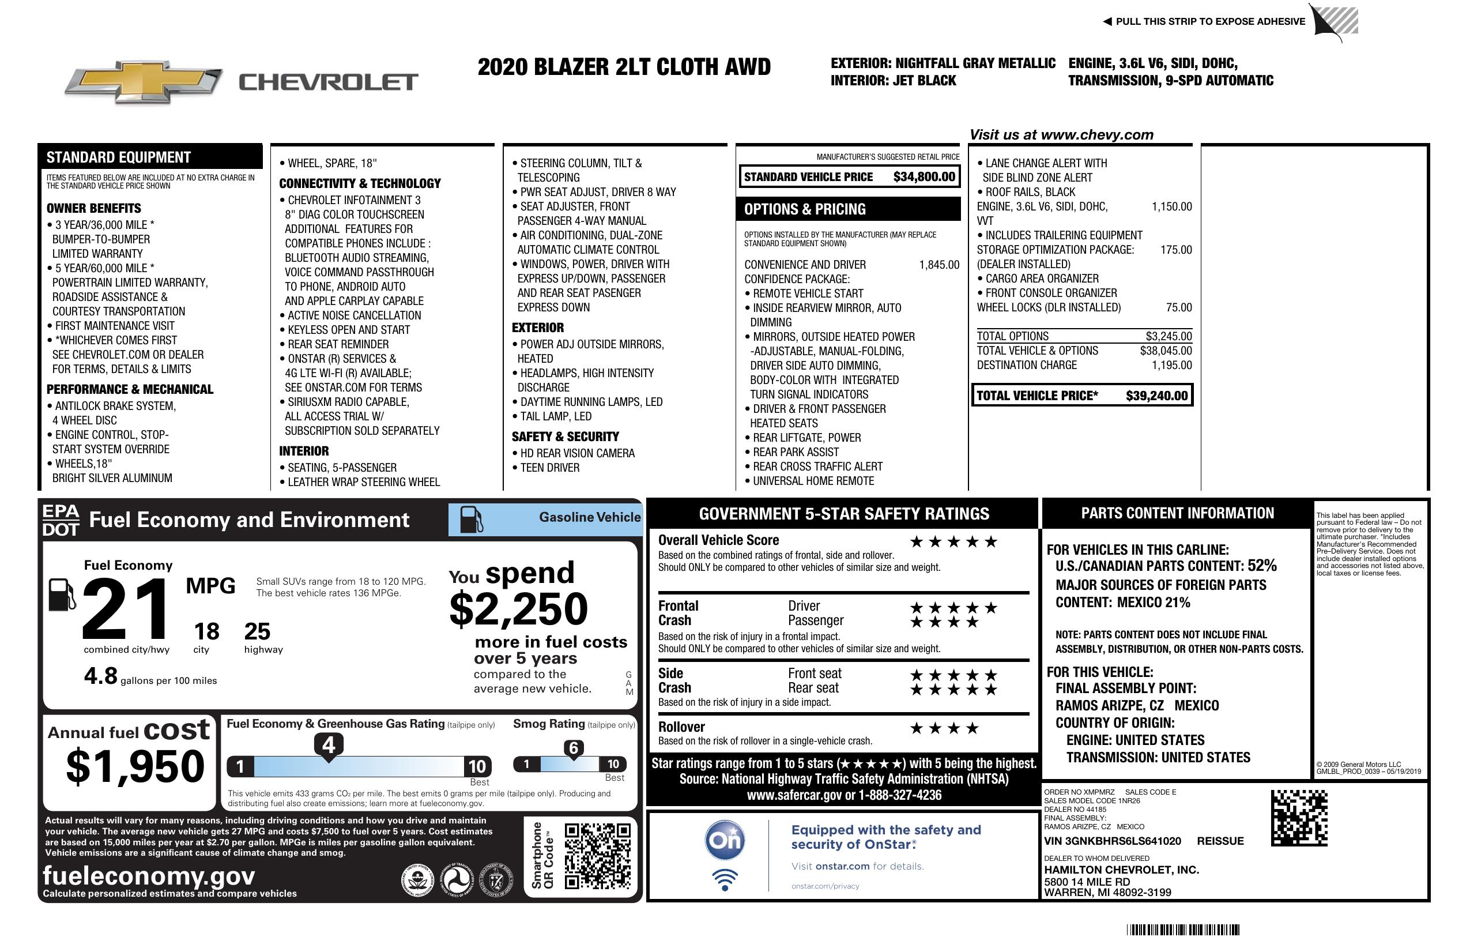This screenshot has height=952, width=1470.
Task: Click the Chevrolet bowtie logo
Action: [x=144, y=81]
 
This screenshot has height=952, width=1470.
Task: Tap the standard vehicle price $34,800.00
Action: [x=924, y=177]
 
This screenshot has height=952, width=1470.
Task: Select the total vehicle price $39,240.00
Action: [x=1156, y=396]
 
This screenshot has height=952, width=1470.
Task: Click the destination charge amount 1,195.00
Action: [x=1171, y=365]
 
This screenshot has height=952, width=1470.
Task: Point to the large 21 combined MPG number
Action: [x=126, y=609]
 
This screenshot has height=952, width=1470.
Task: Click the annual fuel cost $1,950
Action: [x=135, y=766]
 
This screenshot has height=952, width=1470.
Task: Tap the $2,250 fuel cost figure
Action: [x=519, y=609]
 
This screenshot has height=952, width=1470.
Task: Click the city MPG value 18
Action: [x=206, y=631]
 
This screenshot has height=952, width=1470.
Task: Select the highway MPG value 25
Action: [x=257, y=631]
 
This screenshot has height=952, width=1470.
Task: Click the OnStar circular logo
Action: [x=725, y=841]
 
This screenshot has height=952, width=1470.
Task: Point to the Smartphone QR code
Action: [x=597, y=856]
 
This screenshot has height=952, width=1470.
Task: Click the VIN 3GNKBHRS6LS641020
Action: [x=1113, y=841]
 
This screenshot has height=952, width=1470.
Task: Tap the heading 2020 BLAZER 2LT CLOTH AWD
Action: [x=624, y=67]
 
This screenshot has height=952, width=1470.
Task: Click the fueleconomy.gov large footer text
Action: [x=149, y=876]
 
